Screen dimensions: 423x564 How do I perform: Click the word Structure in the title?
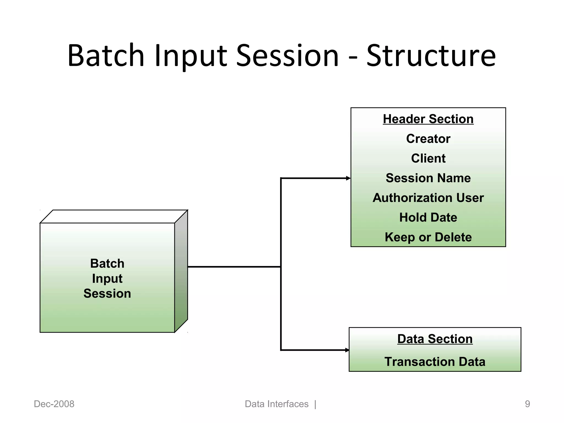tap(431, 56)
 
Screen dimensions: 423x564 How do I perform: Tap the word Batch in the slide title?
tap(106, 56)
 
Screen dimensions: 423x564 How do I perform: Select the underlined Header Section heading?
tap(428, 119)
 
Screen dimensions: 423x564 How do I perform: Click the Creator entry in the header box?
tap(428, 139)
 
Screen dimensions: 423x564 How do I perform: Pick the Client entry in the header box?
tap(428, 158)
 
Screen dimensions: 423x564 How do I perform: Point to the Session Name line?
tap(428, 178)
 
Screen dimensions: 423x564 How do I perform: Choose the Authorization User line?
tap(428, 198)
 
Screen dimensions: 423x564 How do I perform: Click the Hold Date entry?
tap(428, 217)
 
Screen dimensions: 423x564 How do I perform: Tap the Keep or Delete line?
tap(428, 237)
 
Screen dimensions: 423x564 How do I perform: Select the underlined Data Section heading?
tap(435, 339)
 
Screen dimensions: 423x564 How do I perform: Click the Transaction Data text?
tap(435, 362)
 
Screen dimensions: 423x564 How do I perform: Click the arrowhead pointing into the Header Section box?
tap(348, 178)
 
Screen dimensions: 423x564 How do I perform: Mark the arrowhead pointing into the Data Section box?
tap(347, 350)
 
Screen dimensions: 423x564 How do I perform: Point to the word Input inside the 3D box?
tap(107, 278)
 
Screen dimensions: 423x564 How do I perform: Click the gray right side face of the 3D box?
tap(181, 271)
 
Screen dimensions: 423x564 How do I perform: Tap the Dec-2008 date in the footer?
tap(54, 404)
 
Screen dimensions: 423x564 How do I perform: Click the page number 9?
tap(527, 404)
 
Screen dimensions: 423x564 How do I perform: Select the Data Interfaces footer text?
tap(276, 404)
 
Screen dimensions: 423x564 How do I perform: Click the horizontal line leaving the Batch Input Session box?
tap(234, 267)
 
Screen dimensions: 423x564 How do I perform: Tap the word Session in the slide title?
tap(287, 56)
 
